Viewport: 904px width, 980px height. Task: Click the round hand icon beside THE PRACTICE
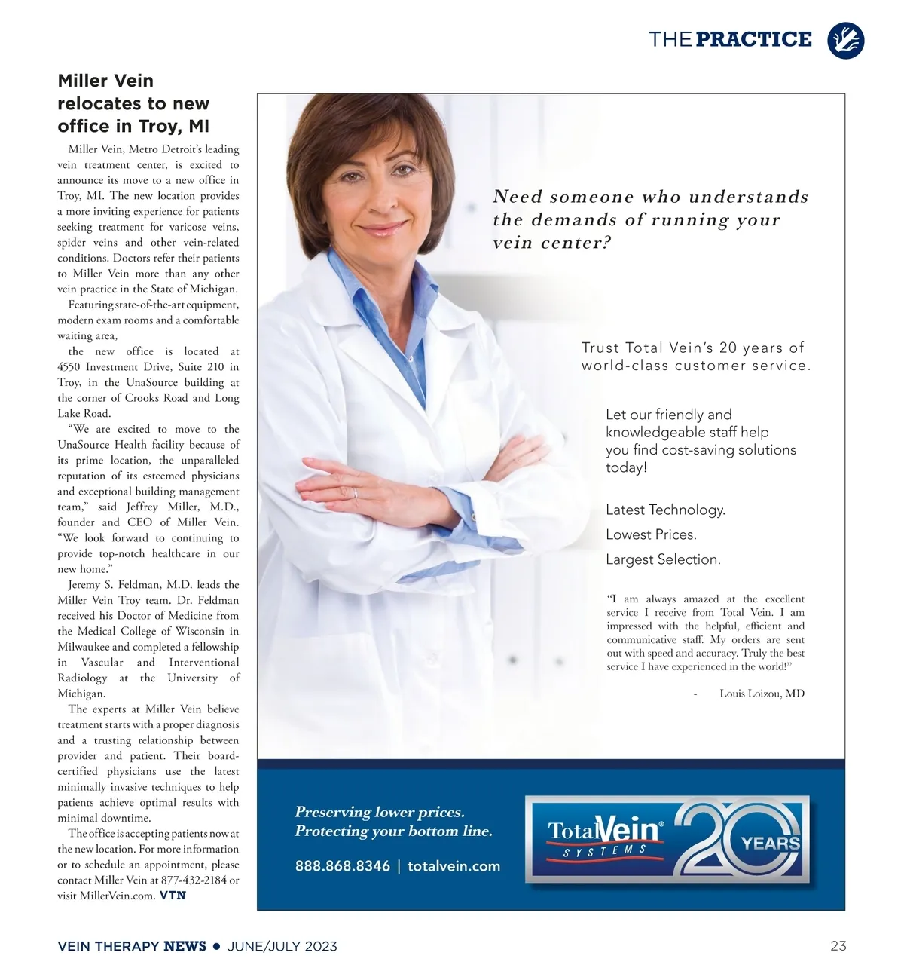845,40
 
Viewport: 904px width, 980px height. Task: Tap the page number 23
838,945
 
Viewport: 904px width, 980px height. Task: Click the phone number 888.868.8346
342,866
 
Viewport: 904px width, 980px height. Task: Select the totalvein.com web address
454,866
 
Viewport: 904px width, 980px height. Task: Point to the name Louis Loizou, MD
762,694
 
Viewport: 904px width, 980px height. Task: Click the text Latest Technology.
665,510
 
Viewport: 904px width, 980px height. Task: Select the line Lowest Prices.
651,535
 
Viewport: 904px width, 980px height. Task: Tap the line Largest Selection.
663,560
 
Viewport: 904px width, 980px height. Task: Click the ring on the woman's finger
355,493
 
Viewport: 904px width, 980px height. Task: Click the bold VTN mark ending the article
173,896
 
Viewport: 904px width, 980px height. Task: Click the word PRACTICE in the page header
753,39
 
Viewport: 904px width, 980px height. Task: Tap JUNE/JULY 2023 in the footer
282,946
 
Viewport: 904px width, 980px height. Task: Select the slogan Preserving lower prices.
379,813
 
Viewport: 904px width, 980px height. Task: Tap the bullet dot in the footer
217,945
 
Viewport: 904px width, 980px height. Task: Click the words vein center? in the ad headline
552,243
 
